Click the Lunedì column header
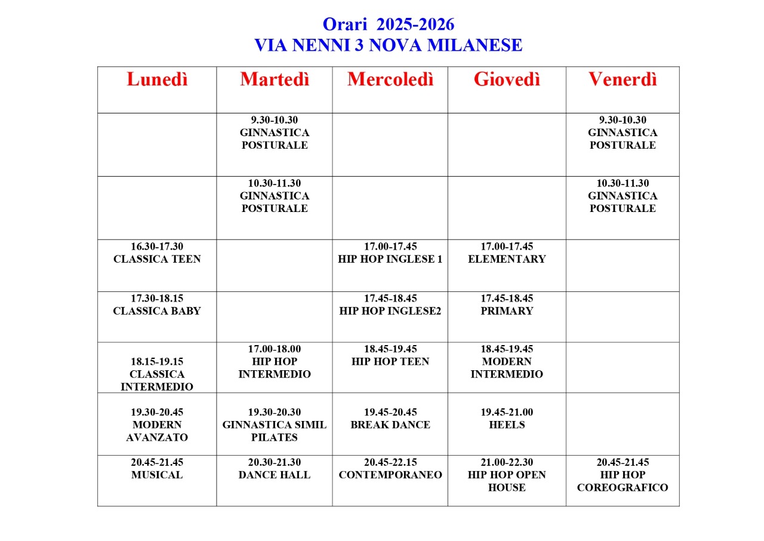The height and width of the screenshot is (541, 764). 157,79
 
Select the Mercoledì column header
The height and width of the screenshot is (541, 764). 390,79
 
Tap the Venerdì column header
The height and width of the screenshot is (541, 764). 623,79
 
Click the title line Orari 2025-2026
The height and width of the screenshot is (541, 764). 389,24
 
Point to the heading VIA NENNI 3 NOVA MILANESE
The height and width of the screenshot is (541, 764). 389,45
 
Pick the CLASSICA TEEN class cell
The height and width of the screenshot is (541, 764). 157,259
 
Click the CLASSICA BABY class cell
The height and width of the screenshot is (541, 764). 157,311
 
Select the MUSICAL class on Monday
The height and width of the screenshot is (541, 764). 157,475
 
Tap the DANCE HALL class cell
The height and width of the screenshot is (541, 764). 275,475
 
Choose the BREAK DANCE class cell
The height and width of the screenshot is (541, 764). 390,425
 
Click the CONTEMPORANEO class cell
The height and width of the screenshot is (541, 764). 390,475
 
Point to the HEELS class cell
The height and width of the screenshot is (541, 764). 507,425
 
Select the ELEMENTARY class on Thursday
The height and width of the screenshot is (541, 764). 507,259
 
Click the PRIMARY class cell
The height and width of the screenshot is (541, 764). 507,311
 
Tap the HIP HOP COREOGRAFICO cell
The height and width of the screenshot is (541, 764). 623,481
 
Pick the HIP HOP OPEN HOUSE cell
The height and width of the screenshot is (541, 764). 507,481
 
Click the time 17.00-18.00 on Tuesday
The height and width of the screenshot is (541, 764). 275,349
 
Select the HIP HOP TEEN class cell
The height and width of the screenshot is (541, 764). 390,361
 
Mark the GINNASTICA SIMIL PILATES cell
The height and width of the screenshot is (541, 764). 275,431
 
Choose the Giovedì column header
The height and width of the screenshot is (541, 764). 507,79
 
